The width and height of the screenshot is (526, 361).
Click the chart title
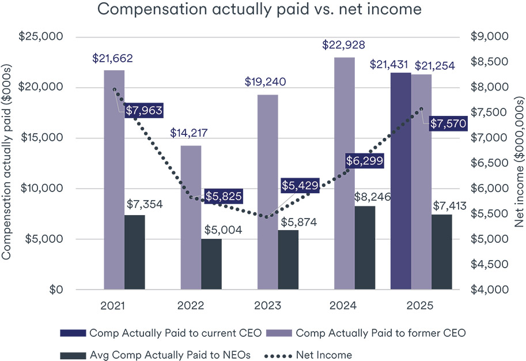tap(259, 10)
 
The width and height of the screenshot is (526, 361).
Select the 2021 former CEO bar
tap(114, 179)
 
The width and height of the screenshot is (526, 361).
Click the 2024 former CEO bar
tap(345, 173)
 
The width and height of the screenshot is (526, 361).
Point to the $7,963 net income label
tap(143, 110)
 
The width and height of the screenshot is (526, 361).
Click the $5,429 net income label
tap(300, 186)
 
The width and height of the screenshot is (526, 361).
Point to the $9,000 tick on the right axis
tap(490, 37)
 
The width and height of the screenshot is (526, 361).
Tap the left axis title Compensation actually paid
tap(7, 163)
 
